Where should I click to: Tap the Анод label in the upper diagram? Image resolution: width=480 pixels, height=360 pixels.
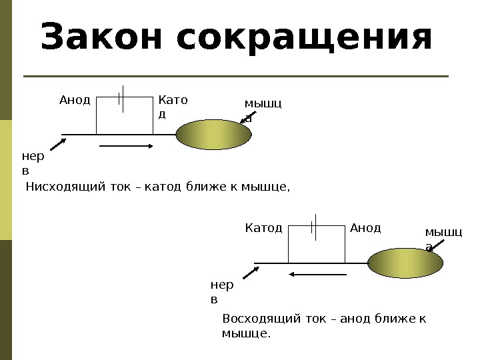coord(74,100)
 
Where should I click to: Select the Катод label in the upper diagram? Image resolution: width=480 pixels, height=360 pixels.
coord(173,107)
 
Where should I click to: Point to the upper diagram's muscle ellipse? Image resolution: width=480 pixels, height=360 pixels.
coord(214,135)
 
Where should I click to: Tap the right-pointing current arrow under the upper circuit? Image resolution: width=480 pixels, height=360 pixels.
coord(126,145)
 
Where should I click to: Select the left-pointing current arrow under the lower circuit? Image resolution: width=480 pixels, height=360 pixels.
coord(317,273)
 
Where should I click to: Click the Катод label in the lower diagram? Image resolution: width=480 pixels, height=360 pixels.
coord(264,229)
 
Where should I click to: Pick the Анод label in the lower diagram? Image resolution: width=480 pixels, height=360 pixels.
coord(365,229)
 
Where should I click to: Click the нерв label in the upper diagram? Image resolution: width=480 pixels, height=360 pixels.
coord(31,164)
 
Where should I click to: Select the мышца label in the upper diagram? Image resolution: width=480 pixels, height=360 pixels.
coord(263,110)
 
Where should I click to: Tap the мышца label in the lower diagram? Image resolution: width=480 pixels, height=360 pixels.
coord(443,239)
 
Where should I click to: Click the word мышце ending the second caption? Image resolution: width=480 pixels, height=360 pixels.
coord(246,333)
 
